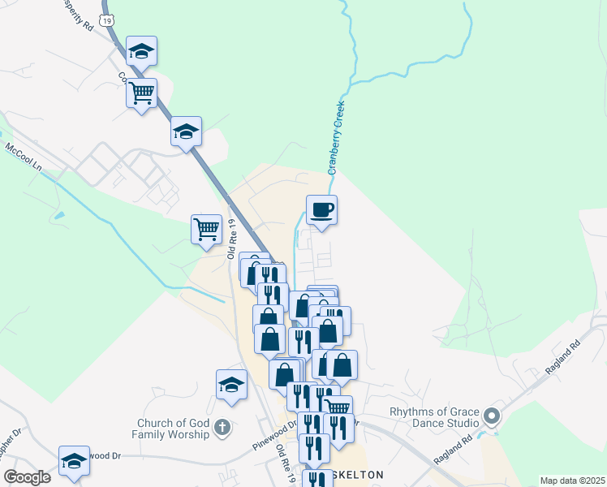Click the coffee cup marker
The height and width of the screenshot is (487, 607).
pyautogui.click(x=321, y=210)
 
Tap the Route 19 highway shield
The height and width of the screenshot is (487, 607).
pyautogui.click(x=106, y=17)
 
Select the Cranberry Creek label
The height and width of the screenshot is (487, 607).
pyautogui.click(x=336, y=137)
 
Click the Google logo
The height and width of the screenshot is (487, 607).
pyautogui.click(x=27, y=477)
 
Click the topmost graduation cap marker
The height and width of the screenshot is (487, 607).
pyautogui.click(x=141, y=51)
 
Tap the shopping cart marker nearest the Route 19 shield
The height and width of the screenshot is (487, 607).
pyautogui.click(x=141, y=93)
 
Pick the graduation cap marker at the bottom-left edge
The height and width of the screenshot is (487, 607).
pyautogui.click(x=74, y=459)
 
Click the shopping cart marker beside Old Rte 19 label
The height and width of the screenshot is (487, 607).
pyautogui.click(x=206, y=229)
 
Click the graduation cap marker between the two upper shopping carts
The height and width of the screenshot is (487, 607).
pyautogui.click(x=186, y=131)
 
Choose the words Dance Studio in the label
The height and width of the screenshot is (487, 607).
pyautogui.click(x=446, y=424)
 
